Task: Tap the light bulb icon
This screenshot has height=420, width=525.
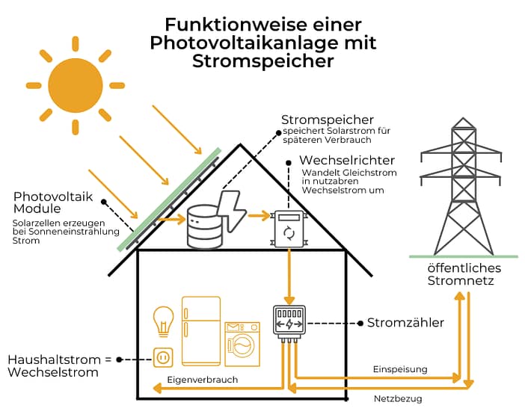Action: (x=163, y=322)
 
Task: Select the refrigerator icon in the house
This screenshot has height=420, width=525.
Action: (x=200, y=330)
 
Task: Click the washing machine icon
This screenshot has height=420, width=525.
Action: (x=242, y=343)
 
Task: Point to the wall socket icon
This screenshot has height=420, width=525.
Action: (x=163, y=359)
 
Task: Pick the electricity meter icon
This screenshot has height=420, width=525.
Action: (x=289, y=323)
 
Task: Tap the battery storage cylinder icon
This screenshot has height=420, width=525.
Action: (x=204, y=226)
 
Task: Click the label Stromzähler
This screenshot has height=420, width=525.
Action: (x=405, y=323)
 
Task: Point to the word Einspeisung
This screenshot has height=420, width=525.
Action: (x=399, y=369)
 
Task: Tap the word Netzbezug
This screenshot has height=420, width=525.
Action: (x=398, y=399)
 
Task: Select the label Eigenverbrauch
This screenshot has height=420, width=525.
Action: (x=203, y=380)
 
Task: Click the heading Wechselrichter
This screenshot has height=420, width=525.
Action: (x=346, y=161)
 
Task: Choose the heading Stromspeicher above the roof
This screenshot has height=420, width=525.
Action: (x=327, y=120)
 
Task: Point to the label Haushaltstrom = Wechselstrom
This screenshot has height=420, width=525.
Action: (x=59, y=365)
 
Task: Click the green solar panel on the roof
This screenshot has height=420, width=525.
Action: (x=170, y=199)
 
